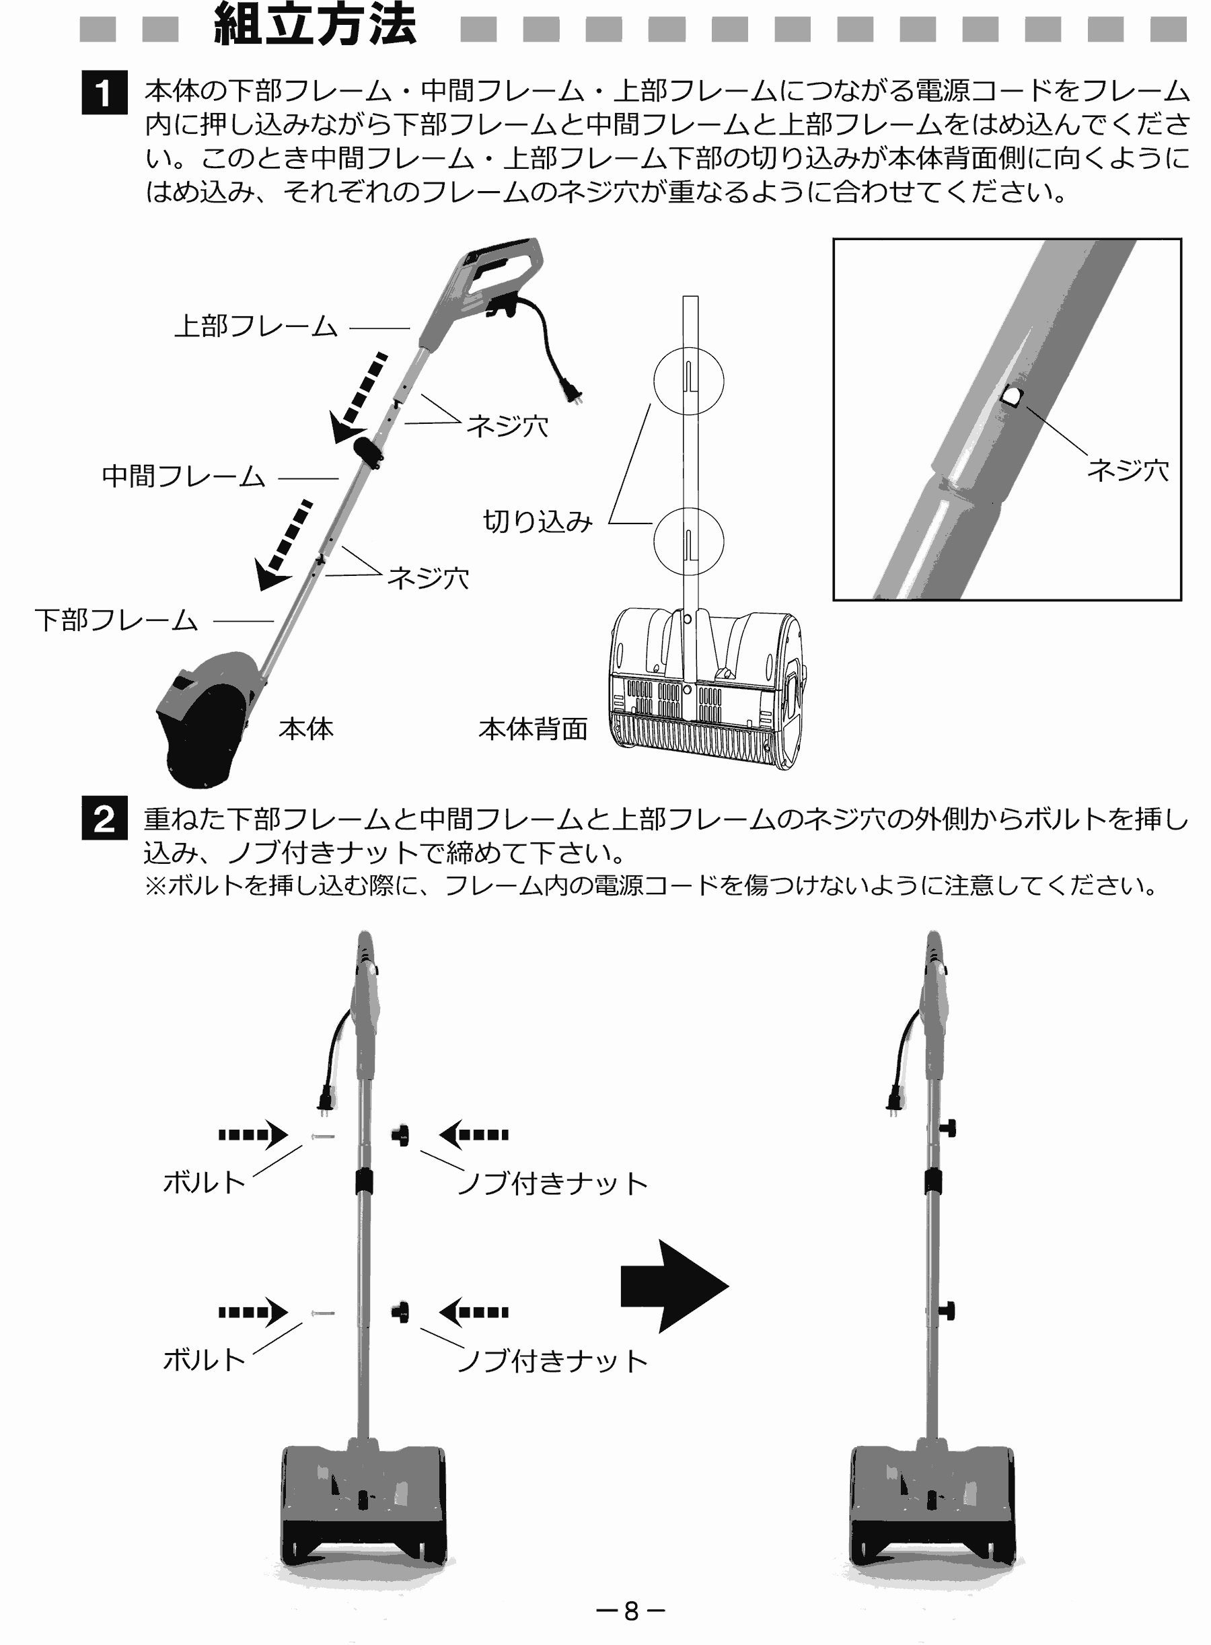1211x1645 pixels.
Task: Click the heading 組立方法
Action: click(316, 26)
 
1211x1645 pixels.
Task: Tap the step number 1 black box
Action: click(104, 92)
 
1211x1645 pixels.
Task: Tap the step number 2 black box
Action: click(104, 818)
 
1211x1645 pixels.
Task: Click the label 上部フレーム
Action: click(255, 327)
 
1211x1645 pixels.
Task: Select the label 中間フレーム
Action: click(183, 477)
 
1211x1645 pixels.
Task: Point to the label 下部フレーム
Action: click(116, 621)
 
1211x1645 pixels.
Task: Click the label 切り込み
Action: click(537, 522)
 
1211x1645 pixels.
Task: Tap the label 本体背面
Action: click(533, 729)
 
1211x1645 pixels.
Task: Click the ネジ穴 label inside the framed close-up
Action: click(1128, 470)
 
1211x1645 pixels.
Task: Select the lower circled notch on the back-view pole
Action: click(688, 542)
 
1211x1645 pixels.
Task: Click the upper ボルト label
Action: click(204, 1182)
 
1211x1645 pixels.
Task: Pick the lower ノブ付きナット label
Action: click(552, 1361)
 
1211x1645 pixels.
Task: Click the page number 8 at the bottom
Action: click(630, 1611)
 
